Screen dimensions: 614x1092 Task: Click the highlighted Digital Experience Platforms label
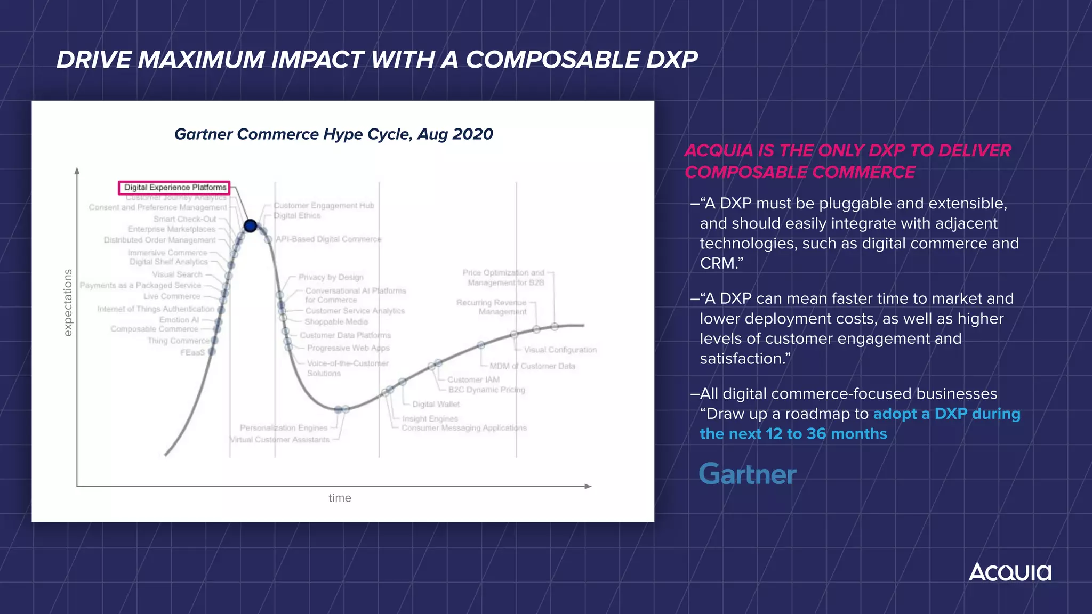174,188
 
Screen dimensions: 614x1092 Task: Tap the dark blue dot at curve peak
250,225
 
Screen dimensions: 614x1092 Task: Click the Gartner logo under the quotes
747,474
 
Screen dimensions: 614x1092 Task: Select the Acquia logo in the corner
1010,572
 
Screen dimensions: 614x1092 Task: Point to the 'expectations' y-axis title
68,302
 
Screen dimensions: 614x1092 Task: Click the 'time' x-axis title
340,498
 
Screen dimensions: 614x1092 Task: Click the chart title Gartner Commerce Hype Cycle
334,134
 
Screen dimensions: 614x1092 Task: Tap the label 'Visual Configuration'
560,350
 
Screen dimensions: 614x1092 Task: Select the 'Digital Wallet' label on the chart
436,405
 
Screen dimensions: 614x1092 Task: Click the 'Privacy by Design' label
331,277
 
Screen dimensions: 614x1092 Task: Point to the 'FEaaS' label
192,352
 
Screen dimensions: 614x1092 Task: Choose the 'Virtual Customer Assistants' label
280,440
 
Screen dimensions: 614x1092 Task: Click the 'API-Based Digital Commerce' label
328,239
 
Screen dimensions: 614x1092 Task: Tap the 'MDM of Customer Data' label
532,366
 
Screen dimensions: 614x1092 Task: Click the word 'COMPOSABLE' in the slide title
553,60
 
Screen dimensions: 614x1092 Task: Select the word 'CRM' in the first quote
717,263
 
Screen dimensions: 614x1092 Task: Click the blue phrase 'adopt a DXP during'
946,414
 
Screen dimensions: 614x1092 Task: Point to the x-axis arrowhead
589,486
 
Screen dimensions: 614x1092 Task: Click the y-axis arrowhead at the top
77,171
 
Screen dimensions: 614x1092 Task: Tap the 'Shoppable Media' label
336,322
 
